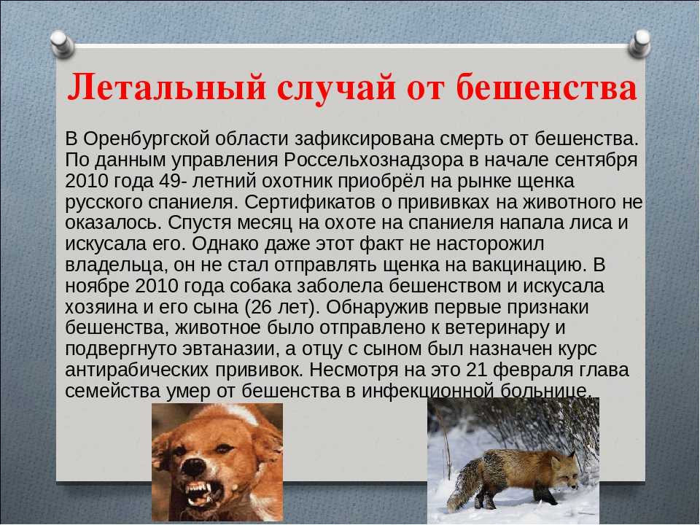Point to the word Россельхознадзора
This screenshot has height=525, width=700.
click(373, 160)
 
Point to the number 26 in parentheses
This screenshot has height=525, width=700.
click(262, 307)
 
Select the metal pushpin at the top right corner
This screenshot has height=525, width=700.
click(639, 43)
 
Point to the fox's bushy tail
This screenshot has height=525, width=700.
click(464, 478)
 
